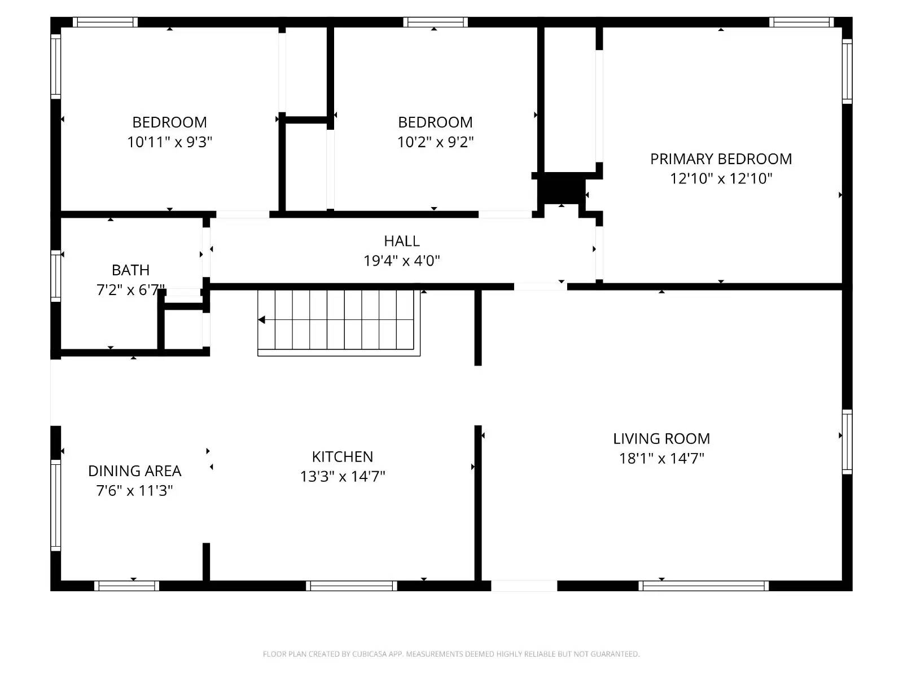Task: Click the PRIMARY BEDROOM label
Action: pyautogui.click(x=721, y=159)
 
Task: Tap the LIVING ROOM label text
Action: pyautogui.click(x=661, y=439)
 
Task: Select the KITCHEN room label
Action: pyautogui.click(x=342, y=457)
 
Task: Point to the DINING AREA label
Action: pyautogui.click(x=134, y=471)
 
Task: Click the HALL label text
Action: pyautogui.click(x=401, y=241)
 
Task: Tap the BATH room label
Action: pyautogui.click(x=130, y=270)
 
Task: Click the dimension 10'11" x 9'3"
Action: pyautogui.click(x=169, y=142)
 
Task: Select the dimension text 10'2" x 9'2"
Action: pyautogui.click(x=435, y=142)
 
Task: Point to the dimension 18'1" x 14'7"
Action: pyautogui.click(x=661, y=458)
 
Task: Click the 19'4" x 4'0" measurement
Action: pyautogui.click(x=401, y=261)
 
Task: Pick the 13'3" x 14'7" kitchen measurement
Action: pyautogui.click(x=342, y=476)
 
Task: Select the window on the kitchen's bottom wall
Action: pyautogui.click(x=352, y=586)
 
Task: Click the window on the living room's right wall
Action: pyautogui.click(x=847, y=442)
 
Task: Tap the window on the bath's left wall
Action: pyautogui.click(x=55, y=276)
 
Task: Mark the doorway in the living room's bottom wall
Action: pyautogui.click(x=524, y=586)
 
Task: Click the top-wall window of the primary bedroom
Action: pyautogui.click(x=801, y=22)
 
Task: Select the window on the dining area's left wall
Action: pyautogui.click(x=55, y=505)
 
